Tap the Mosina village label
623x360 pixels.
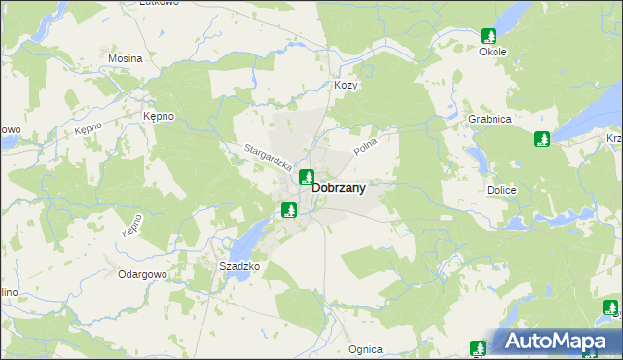[x=126, y=58]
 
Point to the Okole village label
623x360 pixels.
[x=492, y=52]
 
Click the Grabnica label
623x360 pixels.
[x=490, y=119]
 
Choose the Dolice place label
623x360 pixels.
[x=500, y=191]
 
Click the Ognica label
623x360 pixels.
[x=365, y=349]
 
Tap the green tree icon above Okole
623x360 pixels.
[x=488, y=36]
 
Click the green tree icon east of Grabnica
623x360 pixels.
[x=542, y=139]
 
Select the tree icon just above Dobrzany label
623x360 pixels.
[x=306, y=177]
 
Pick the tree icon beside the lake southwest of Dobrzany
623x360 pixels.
[x=288, y=209]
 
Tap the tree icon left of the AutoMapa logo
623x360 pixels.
[x=477, y=348]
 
